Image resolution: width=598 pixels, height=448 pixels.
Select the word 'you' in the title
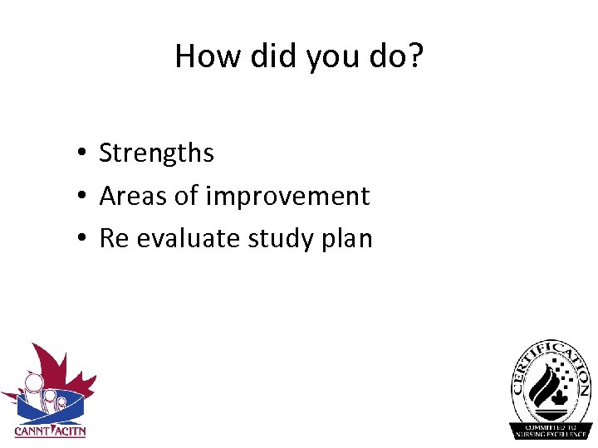(326, 56)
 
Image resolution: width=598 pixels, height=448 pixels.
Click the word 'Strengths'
(156, 153)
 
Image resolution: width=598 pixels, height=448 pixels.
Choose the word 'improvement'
(287, 196)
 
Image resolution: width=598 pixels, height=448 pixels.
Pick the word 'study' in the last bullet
(282, 239)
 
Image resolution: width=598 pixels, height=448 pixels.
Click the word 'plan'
(350, 239)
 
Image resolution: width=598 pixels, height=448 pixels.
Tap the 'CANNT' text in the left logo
(32, 431)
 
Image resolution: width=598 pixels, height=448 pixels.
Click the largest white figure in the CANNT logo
(33, 390)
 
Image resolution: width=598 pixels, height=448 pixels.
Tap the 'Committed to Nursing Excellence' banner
(551, 429)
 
